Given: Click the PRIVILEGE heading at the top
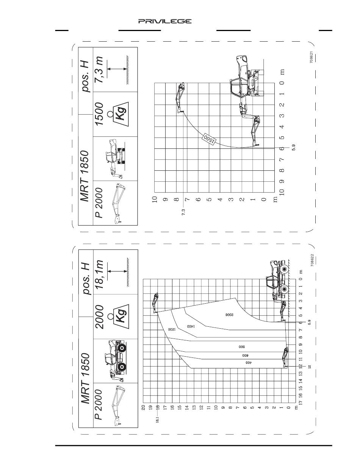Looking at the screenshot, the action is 165,22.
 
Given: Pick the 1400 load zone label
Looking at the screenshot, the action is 191,326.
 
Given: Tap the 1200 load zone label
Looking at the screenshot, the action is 172,329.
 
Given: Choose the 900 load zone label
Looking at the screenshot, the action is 241,346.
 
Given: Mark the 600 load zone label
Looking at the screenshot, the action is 245,356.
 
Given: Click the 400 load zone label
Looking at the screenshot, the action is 248,362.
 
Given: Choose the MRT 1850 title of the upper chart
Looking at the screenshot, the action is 85,176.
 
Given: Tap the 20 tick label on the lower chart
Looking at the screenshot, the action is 144,407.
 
